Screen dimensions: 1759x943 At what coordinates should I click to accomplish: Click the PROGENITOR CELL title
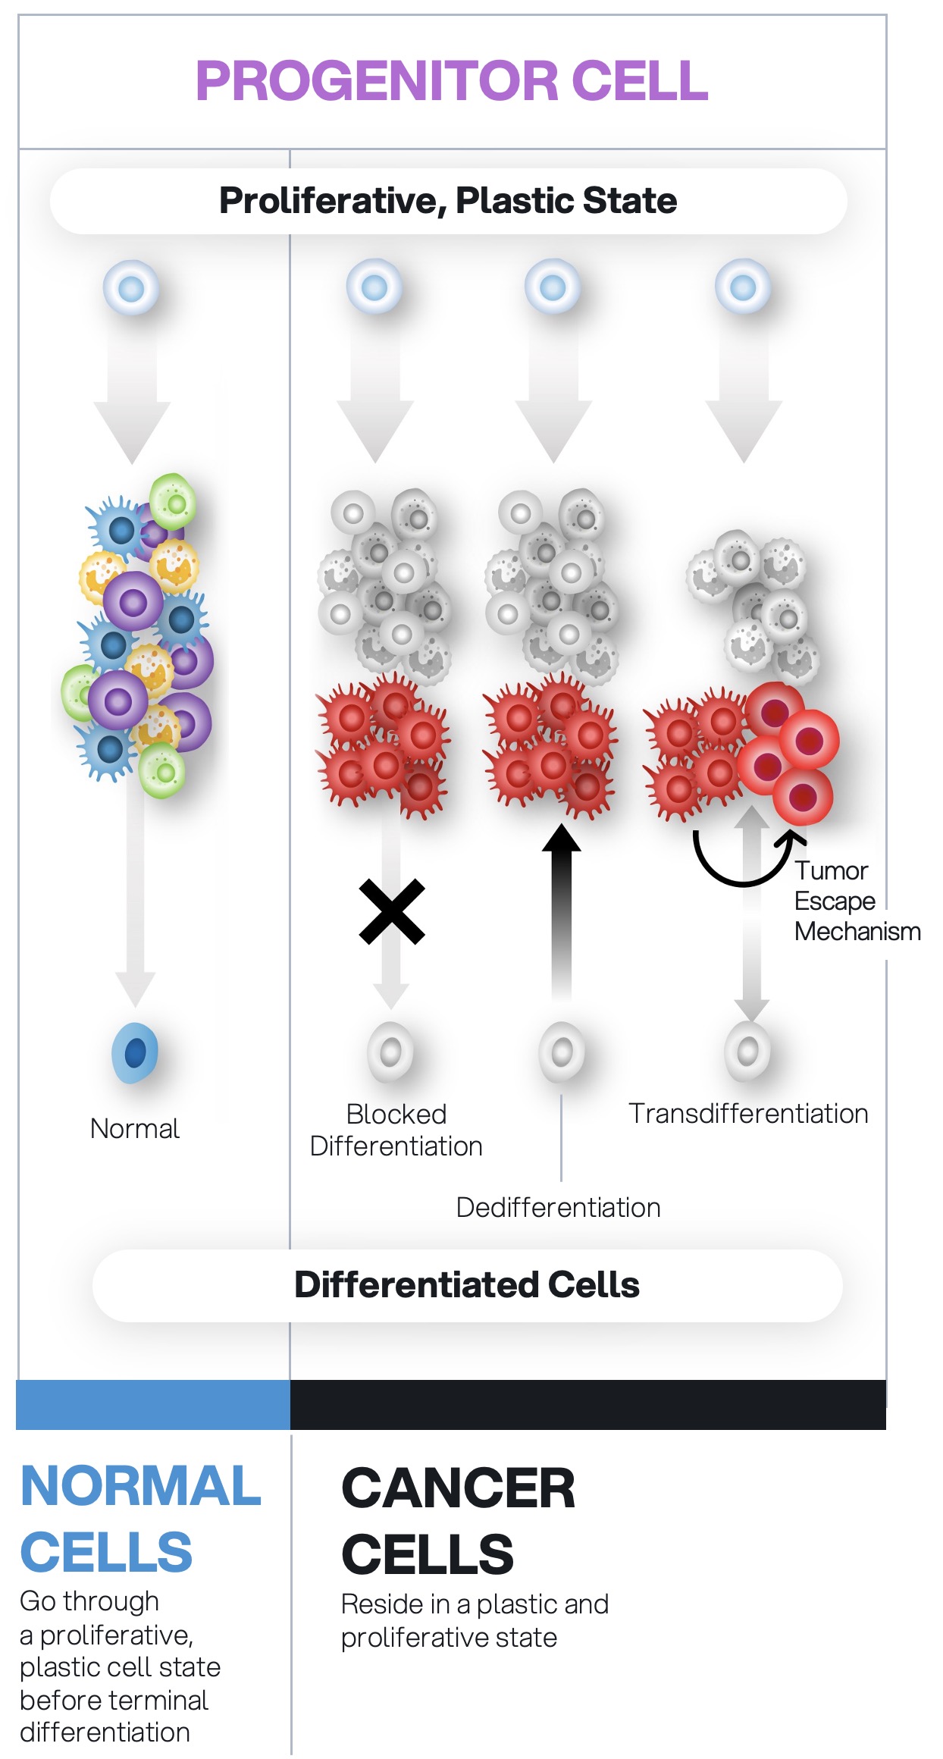click(x=452, y=81)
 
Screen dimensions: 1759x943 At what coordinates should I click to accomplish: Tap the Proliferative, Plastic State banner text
click(x=447, y=201)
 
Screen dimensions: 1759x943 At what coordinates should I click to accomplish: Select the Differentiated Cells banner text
click(x=467, y=1285)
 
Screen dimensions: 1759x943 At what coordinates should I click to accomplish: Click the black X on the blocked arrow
click(x=392, y=911)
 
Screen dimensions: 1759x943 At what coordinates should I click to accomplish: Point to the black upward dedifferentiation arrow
click(x=561, y=910)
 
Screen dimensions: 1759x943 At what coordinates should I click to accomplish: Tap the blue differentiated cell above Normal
click(x=135, y=1052)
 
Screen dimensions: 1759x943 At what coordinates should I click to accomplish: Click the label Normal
click(x=135, y=1129)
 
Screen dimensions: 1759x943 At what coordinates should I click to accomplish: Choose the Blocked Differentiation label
click(x=396, y=1130)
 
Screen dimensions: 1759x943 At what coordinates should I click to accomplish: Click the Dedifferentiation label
click(x=558, y=1208)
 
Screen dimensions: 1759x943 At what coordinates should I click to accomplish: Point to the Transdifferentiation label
click(x=748, y=1114)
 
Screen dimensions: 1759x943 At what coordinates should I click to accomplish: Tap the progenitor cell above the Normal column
click(x=132, y=288)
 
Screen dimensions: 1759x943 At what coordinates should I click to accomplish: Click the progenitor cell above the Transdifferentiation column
click(x=743, y=287)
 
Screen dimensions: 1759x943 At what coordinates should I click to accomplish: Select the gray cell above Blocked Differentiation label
click(x=391, y=1052)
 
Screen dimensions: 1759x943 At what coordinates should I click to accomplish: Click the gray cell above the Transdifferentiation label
click(x=747, y=1051)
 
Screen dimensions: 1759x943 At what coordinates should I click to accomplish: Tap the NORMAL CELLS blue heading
click(x=140, y=1519)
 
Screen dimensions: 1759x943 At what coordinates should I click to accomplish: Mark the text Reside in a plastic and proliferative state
click(x=475, y=1621)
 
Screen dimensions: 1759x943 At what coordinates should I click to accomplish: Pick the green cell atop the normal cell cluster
click(x=174, y=502)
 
